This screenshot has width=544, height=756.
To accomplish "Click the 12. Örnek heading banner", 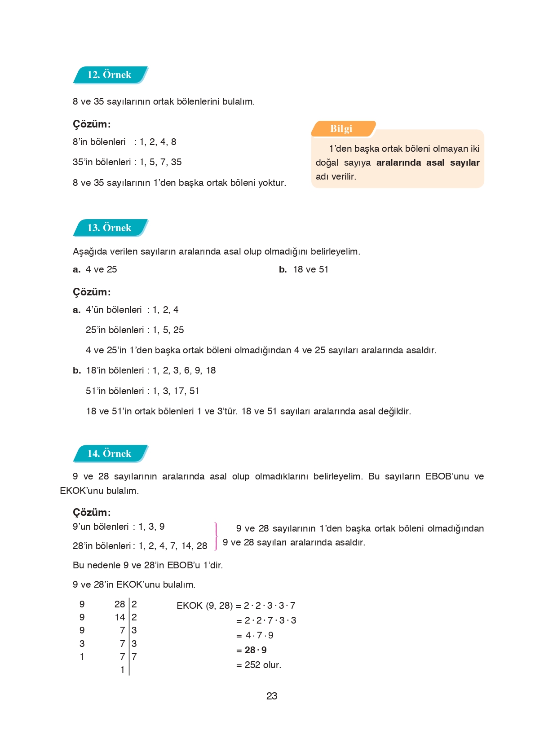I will pyautogui.click(x=110, y=75).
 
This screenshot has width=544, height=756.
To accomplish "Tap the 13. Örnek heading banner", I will pyautogui.click(x=110, y=228).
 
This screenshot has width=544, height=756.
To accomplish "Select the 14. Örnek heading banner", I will pyautogui.click(x=110, y=453).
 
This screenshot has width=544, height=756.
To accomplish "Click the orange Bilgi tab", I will pyautogui.click(x=342, y=129).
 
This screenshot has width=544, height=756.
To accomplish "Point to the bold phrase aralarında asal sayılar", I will pyautogui.click(x=428, y=163).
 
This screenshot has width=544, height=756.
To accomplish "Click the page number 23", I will pyautogui.click(x=272, y=696).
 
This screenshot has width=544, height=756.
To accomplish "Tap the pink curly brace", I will pyautogui.click(x=216, y=536).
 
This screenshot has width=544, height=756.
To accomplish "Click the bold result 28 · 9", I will pyautogui.click(x=255, y=650).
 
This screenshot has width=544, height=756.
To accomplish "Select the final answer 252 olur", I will pyautogui.click(x=262, y=665).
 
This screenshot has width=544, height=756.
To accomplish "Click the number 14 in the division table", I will pyautogui.click(x=119, y=617).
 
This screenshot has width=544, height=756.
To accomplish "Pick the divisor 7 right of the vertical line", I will pyautogui.click(x=134, y=656).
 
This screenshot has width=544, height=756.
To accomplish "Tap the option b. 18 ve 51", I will pyautogui.click(x=304, y=269).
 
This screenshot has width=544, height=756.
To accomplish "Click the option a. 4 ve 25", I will pyautogui.click(x=95, y=269).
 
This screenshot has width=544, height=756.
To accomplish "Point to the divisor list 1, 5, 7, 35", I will pyautogui.click(x=160, y=162).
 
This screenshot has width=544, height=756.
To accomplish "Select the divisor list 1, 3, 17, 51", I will pyautogui.click(x=176, y=391).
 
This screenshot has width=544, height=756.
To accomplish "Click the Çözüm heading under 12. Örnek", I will pyautogui.click(x=92, y=124).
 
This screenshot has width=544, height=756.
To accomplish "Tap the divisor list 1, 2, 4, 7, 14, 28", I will pyautogui.click(x=173, y=546).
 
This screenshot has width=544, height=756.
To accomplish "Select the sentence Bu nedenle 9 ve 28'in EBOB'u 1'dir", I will pyautogui.click(x=148, y=565).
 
